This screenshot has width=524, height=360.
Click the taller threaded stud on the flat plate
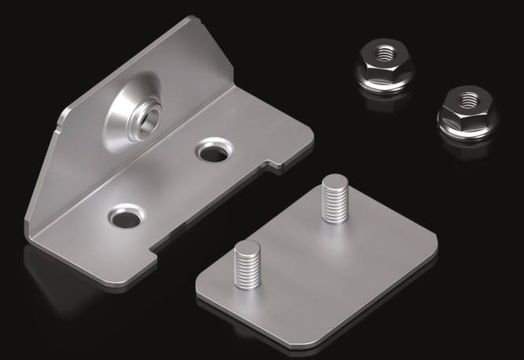point(333,202)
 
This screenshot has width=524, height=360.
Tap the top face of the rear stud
point(333,183)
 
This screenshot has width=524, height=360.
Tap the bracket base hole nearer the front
point(122,216)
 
